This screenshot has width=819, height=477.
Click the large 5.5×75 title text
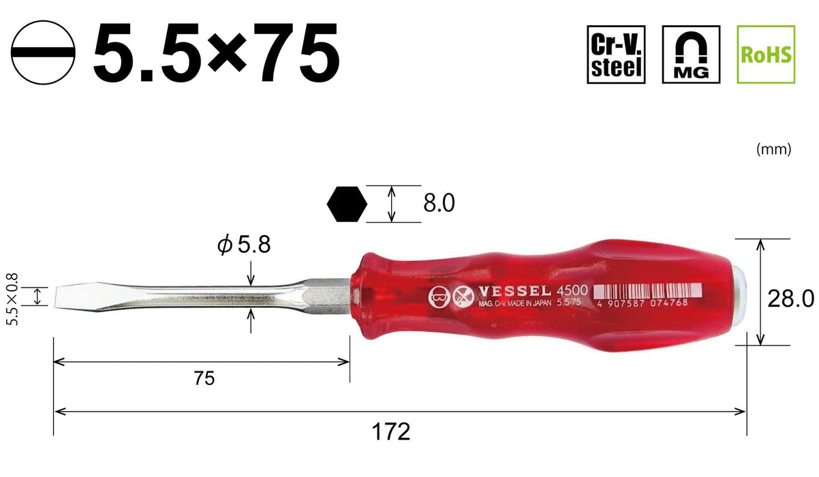point(217,53)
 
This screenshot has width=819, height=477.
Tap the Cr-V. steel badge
point(616,55)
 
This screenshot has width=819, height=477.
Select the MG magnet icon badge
point(691,55)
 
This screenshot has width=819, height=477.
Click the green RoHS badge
point(766,55)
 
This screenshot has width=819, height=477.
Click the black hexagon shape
point(347,203)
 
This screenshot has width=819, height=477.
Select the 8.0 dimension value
point(438,203)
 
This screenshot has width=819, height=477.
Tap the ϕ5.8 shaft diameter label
point(243,245)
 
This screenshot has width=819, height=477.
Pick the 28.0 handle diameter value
point(790,298)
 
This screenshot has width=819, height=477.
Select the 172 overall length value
point(392,431)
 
